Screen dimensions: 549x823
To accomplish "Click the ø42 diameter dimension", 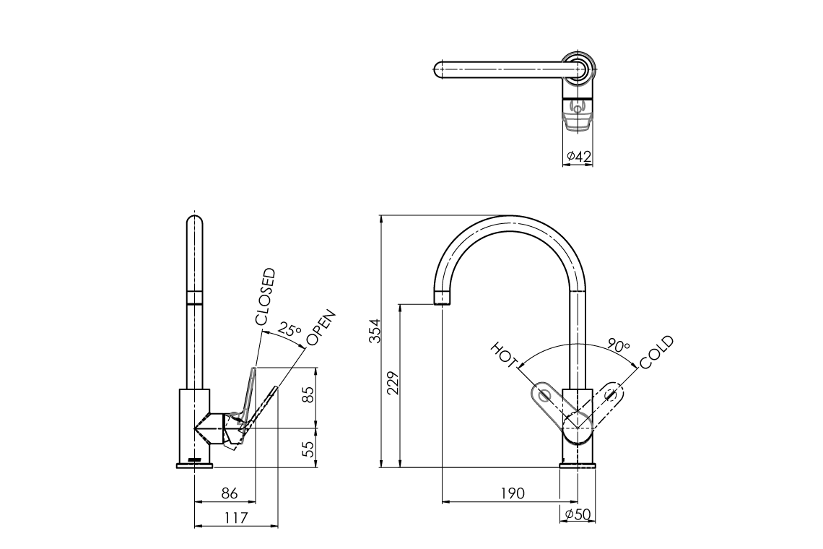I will tap(578, 156).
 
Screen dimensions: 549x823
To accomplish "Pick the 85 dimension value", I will tap(308, 395).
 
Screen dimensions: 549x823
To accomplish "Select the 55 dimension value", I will tap(308, 449).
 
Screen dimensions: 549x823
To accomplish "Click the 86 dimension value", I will tap(229, 493).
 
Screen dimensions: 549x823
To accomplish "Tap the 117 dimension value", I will tap(235, 517).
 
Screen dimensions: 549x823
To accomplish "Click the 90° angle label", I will tap(618, 345).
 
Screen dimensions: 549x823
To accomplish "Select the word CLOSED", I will tap(264, 296).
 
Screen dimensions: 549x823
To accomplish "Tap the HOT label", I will tap(505, 354).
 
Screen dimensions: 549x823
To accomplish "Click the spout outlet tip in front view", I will tap(444, 298).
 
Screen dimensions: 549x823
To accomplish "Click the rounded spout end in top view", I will tap(437, 71).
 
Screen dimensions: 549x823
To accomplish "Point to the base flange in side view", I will tap(194, 464).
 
